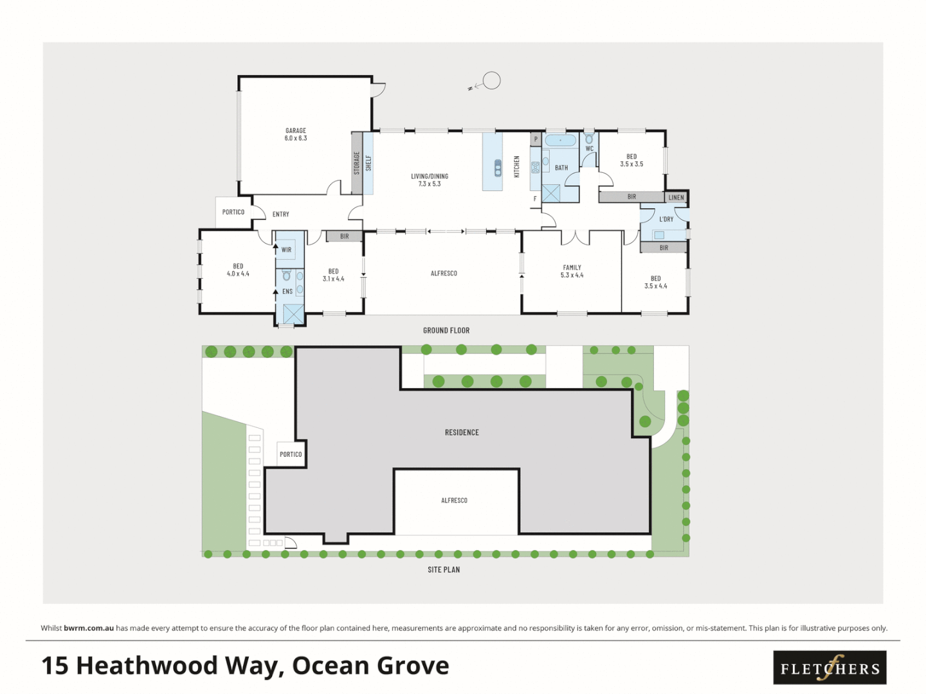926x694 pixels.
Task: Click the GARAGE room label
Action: pyautogui.click(x=296, y=134)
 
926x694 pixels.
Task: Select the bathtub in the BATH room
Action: pyautogui.click(x=561, y=140)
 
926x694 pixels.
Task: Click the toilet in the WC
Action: pyautogui.click(x=589, y=139)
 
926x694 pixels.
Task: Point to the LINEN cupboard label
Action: pyautogui.click(x=676, y=197)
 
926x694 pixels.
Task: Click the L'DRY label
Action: pyautogui.click(x=666, y=219)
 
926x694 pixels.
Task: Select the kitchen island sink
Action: pyautogui.click(x=498, y=168)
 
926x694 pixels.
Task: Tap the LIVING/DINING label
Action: pyautogui.click(x=430, y=180)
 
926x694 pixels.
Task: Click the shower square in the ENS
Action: pyautogui.click(x=293, y=314)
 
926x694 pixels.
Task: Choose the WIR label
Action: pyautogui.click(x=286, y=250)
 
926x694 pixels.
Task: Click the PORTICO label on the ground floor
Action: pyautogui.click(x=233, y=212)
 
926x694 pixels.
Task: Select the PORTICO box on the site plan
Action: pyautogui.click(x=291, y=454)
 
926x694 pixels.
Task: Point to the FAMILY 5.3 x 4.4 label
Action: pyautogui.click(x=572, y=271)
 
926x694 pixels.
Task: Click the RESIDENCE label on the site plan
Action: pyautogui.click(x=462, y=432)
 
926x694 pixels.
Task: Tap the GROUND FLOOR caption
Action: pyautogui.click(x=446, y=330)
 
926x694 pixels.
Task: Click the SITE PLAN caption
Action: pyautogui.click(x=444, y=569)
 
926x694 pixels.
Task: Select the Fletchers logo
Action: pyautogui.click(x=830, y=668)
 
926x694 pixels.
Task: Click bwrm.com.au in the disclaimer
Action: pyautogui.click(x=89, y=628)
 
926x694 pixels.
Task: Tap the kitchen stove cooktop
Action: pyautogui.click(x=536, y=168)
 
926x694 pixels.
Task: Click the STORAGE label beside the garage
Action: pyautogui.click(x=357, y=163)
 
